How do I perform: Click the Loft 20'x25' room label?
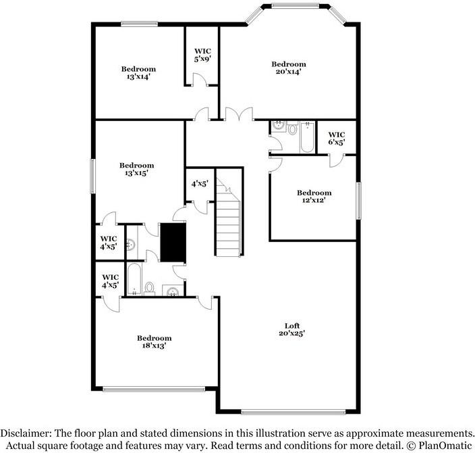291,329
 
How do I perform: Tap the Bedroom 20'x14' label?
288,68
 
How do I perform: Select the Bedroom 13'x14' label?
138,72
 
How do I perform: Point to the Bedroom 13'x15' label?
137,169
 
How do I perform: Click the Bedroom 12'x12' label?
314,196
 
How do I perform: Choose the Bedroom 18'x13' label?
155,341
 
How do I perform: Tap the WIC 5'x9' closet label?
202,55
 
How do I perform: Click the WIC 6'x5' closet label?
337,138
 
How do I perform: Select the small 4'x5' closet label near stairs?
200,183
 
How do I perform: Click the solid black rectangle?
173,241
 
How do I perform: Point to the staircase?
229,220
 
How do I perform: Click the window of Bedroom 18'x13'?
155,389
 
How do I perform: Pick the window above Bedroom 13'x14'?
140,24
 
